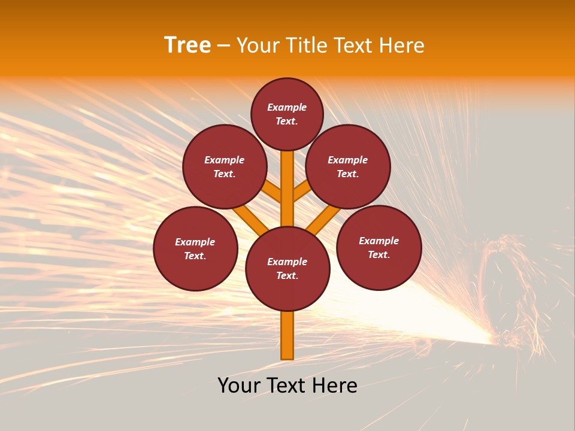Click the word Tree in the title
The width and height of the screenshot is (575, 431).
187,45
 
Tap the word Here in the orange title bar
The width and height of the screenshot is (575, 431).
402,45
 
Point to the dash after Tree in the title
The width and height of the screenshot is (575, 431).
223,46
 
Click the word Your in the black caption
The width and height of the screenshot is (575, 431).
238,386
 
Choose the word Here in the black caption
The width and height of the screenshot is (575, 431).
335,386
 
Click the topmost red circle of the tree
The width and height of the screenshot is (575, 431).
287,114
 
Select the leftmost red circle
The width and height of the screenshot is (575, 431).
195,248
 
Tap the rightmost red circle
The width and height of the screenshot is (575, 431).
379,247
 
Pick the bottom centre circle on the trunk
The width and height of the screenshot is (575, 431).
287,269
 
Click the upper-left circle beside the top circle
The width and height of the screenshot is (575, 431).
225,166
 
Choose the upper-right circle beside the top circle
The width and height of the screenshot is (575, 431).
348,166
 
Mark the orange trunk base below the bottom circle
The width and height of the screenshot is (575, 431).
287,335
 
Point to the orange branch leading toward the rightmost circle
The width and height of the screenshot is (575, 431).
322,220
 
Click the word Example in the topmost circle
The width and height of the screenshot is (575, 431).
287,107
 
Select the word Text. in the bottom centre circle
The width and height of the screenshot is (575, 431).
287,276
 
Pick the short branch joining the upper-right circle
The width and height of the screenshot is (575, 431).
301,191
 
